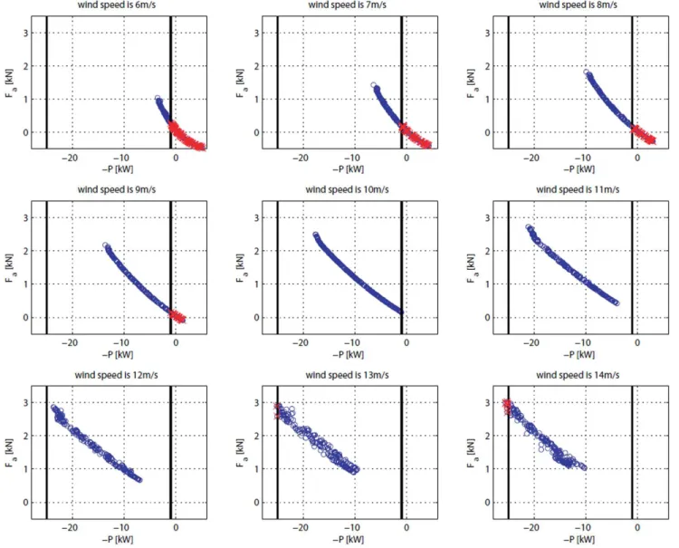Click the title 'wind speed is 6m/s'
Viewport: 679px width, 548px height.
117,5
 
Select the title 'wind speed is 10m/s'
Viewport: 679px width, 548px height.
347,189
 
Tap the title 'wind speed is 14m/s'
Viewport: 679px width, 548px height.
578,375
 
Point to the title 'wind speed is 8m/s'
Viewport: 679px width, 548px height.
579,5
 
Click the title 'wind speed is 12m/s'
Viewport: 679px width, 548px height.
116,375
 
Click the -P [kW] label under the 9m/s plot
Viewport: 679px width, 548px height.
118,355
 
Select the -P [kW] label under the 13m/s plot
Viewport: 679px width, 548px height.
349,540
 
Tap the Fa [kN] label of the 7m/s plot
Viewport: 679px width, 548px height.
241,83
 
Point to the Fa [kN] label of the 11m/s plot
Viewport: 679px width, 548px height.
472,268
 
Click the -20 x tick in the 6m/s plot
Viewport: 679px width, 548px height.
70,158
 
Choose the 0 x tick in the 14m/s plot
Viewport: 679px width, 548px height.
637,528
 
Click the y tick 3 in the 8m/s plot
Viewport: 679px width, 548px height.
487,33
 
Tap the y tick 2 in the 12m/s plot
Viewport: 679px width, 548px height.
25,436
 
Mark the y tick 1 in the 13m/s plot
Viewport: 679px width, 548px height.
256,469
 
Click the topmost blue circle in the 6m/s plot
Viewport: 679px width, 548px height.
158,99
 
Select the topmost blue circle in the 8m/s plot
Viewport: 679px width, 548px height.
586,72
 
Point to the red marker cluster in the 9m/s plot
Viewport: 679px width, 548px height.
177,315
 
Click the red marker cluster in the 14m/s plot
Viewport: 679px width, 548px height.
507,407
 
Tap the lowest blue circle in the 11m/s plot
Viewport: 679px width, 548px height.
617,303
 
